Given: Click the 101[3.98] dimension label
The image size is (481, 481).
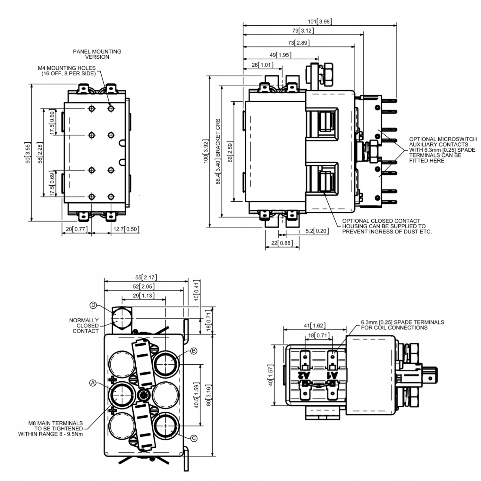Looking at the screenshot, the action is tap(320, 21).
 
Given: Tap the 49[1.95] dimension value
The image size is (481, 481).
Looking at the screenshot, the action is tap(281, 55).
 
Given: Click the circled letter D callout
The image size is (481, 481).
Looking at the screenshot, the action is tap(93, 305).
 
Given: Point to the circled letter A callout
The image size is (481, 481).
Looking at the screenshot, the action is tap(93, 383).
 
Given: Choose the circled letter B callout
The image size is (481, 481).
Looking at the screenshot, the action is tap(194, 351).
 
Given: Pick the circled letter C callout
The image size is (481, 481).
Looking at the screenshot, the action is tap(194, 438).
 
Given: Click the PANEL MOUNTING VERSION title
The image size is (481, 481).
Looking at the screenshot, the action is tap(97, 54).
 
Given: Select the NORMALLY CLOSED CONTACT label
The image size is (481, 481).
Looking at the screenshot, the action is tap(84, 325).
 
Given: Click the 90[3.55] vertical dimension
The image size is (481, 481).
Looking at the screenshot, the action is tap(28, 153).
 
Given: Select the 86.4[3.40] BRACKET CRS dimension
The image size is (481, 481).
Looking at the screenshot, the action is tap(218, 151).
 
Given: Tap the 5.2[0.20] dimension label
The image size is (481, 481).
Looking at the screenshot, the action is tap(317, 231).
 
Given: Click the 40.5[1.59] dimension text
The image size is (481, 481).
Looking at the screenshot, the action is tap(197, 395).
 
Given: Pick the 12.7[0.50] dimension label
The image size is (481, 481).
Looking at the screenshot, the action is tap(126, 229).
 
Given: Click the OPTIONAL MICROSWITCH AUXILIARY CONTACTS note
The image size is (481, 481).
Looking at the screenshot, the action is tap(443, 150).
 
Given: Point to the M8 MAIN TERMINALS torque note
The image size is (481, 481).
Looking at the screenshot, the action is tap(51, 428).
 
